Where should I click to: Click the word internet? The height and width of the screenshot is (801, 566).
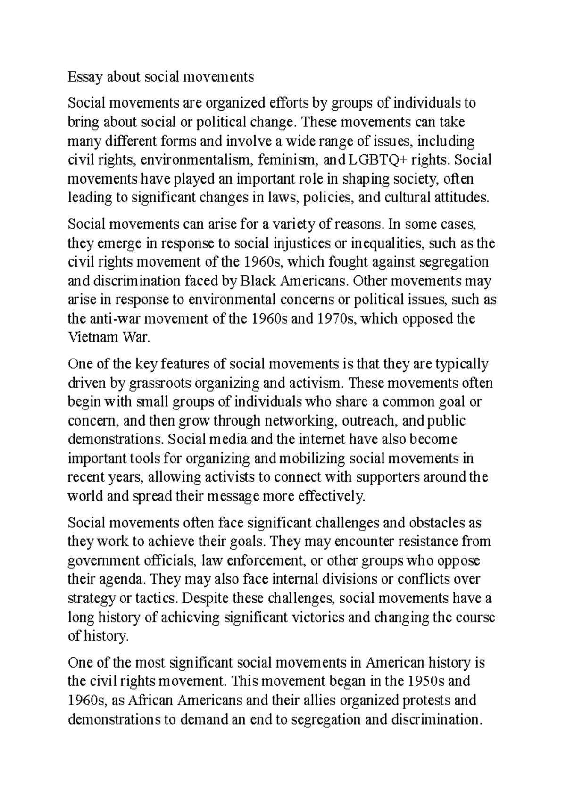322,440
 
